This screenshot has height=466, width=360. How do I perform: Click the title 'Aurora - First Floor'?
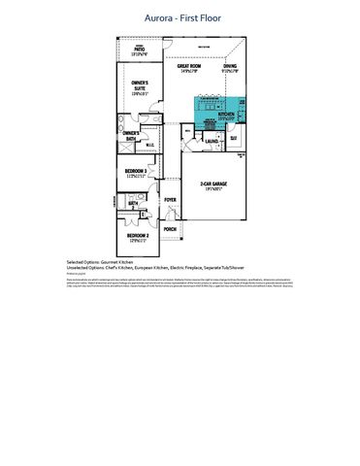(180, 17)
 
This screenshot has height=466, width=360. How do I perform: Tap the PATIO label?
(141, 50)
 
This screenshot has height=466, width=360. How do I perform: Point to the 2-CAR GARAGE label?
(213, 183)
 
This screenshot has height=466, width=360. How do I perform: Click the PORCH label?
(171, 229)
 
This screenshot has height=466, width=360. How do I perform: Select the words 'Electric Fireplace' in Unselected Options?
(203, 268)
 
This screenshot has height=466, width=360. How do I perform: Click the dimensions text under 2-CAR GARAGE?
(213, 190)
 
